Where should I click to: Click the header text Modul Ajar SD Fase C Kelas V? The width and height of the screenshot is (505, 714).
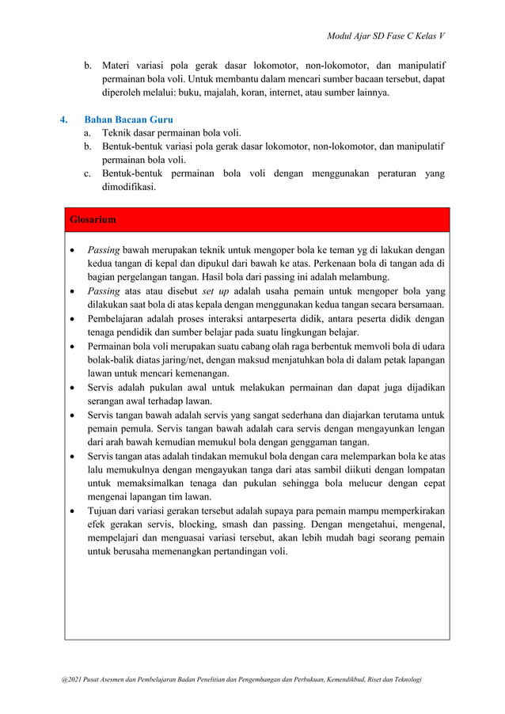tap(385, 36)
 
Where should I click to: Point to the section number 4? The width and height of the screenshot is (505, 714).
tap(65, 120)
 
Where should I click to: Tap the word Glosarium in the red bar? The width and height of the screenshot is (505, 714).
tap(93, 219)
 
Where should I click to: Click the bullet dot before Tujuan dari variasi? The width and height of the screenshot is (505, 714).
tap(74, 511)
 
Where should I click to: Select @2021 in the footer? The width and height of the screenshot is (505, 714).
tap(61, 679)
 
